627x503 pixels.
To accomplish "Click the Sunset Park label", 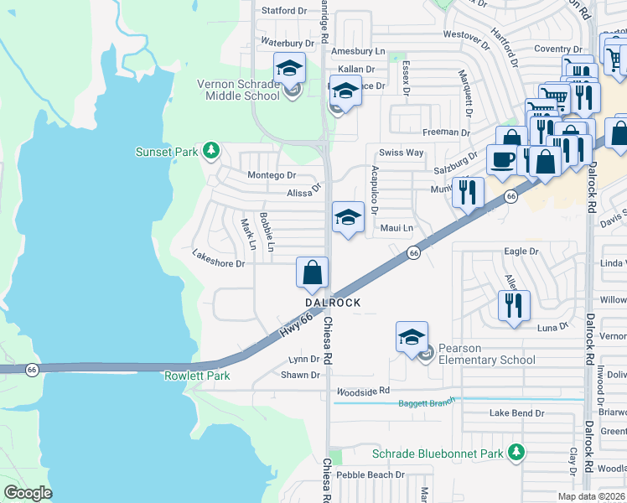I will click(x=166, y=152).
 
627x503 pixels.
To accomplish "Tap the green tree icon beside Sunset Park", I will click(x=213, y=151).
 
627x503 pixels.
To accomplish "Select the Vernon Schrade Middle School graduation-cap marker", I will click(x=290, y=68).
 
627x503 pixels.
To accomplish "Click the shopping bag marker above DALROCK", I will click(x=312, y=272).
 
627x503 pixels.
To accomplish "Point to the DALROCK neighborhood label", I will click(x=333, y=302).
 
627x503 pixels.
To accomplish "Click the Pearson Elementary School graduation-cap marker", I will click(x=412, y=337).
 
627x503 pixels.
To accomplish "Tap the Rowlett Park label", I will click(x=197, y=376).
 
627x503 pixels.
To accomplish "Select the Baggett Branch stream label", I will click(x=426, y=403).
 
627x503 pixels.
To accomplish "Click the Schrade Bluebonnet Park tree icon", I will click(x=518, y=454).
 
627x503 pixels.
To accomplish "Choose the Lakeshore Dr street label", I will click(x=218, y=263).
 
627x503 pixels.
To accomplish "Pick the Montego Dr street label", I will click(x=272, y=175).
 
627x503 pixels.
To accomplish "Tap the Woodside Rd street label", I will click(x=363, y=391).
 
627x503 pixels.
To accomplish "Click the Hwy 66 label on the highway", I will click(x=296, y=325).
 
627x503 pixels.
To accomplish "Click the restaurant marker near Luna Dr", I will click(x=513, y=305).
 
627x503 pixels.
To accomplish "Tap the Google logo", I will click(x=28, y=493).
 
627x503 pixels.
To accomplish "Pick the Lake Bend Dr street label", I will click(x=517, y=413).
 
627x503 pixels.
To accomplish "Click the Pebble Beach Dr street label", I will click(x=370, y=474).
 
